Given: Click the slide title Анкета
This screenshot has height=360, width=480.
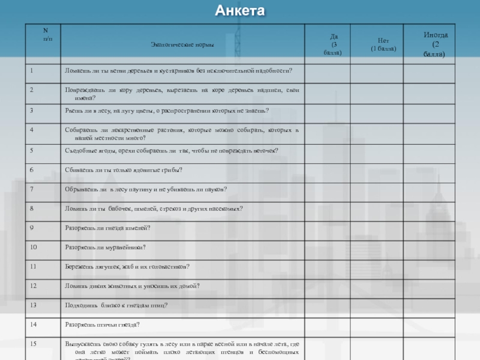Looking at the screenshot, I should coord(239,11).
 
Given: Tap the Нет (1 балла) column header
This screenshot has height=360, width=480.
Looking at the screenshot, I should coord(383,44).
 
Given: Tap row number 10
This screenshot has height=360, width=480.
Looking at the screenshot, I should coord(34,247).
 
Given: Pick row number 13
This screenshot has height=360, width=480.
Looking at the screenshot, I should coord(34,305).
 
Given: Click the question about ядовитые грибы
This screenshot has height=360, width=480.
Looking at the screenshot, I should coord(123,170).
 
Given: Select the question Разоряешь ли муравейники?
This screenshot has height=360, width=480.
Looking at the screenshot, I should coord(106,247).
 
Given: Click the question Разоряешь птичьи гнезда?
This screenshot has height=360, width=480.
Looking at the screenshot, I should coord(102,325).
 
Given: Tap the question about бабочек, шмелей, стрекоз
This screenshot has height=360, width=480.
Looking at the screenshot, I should coord(154,208).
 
